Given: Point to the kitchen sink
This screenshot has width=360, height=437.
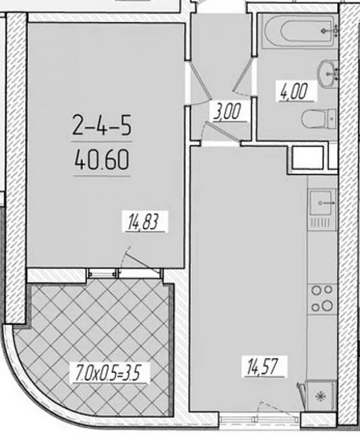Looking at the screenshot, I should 322,203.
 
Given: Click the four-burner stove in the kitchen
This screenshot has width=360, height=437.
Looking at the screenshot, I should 322,297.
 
